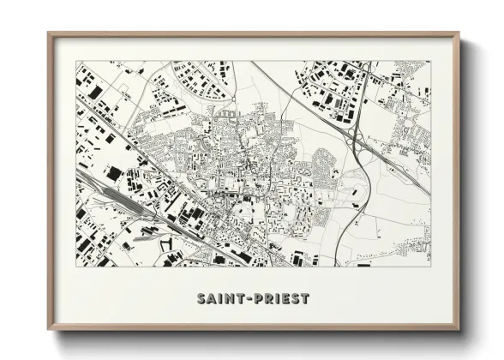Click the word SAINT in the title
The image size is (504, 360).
219,299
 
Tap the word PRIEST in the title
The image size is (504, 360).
279,299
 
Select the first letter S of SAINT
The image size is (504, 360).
201,299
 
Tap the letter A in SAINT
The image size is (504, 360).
210,299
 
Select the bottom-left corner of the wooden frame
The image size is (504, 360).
49,329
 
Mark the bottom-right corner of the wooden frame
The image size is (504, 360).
459,329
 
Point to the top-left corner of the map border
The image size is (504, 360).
76,61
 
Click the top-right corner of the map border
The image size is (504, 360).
430,61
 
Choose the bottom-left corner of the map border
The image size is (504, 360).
76,267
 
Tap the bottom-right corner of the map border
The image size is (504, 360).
430,267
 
